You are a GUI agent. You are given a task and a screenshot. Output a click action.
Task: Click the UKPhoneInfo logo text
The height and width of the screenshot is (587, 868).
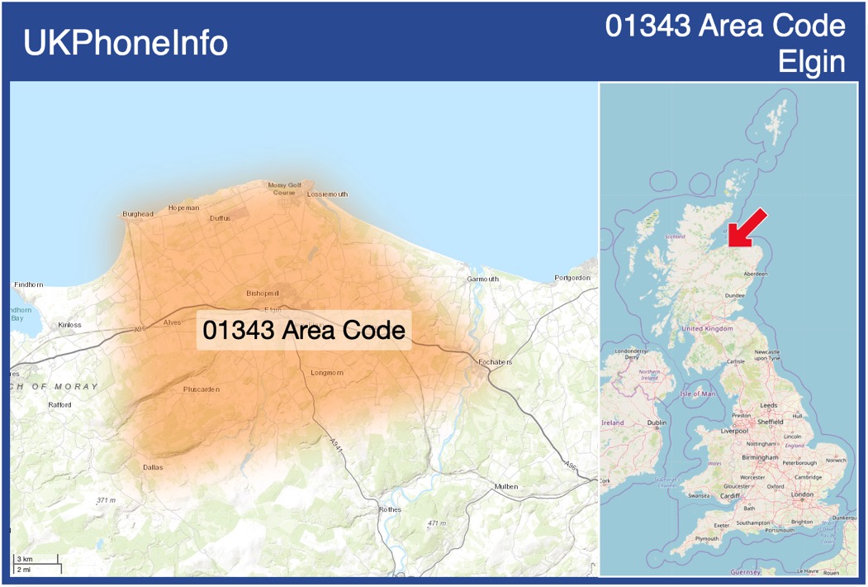click(126, 43)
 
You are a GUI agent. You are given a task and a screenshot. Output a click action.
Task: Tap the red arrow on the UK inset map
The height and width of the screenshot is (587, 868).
click(747, 228)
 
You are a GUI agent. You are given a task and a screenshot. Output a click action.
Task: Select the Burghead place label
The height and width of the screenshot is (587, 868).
click(138, 214)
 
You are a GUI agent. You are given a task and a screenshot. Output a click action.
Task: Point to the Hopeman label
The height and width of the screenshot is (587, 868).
click(183, 208)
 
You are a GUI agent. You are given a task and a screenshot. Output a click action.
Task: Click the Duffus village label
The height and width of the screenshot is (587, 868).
click(220, 218)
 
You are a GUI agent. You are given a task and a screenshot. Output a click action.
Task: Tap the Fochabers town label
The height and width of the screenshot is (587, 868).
click(495, 362)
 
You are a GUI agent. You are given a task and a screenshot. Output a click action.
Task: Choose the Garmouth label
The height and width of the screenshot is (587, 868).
click(483, 279)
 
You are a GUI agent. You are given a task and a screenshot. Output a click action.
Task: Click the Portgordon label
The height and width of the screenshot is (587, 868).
click(572, 278)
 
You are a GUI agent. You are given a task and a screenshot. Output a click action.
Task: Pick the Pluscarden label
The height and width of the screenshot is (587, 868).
click(202, 389)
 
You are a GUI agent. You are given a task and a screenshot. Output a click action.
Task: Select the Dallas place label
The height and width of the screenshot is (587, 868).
click(153, 467)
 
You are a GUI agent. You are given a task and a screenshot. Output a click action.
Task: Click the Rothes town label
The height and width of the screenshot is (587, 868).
click(390, 509)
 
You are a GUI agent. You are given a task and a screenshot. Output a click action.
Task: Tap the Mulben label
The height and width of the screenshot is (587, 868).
click(505, 486)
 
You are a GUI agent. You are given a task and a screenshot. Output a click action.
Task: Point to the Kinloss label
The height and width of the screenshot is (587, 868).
click(70, 325)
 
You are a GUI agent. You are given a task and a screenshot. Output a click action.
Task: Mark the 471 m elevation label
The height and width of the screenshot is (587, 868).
click(437, 523)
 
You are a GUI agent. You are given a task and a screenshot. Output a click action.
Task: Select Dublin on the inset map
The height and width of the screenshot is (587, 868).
click(657, 422)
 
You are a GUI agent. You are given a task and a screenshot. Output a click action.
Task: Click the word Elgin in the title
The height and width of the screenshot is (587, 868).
click(812, 62)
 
